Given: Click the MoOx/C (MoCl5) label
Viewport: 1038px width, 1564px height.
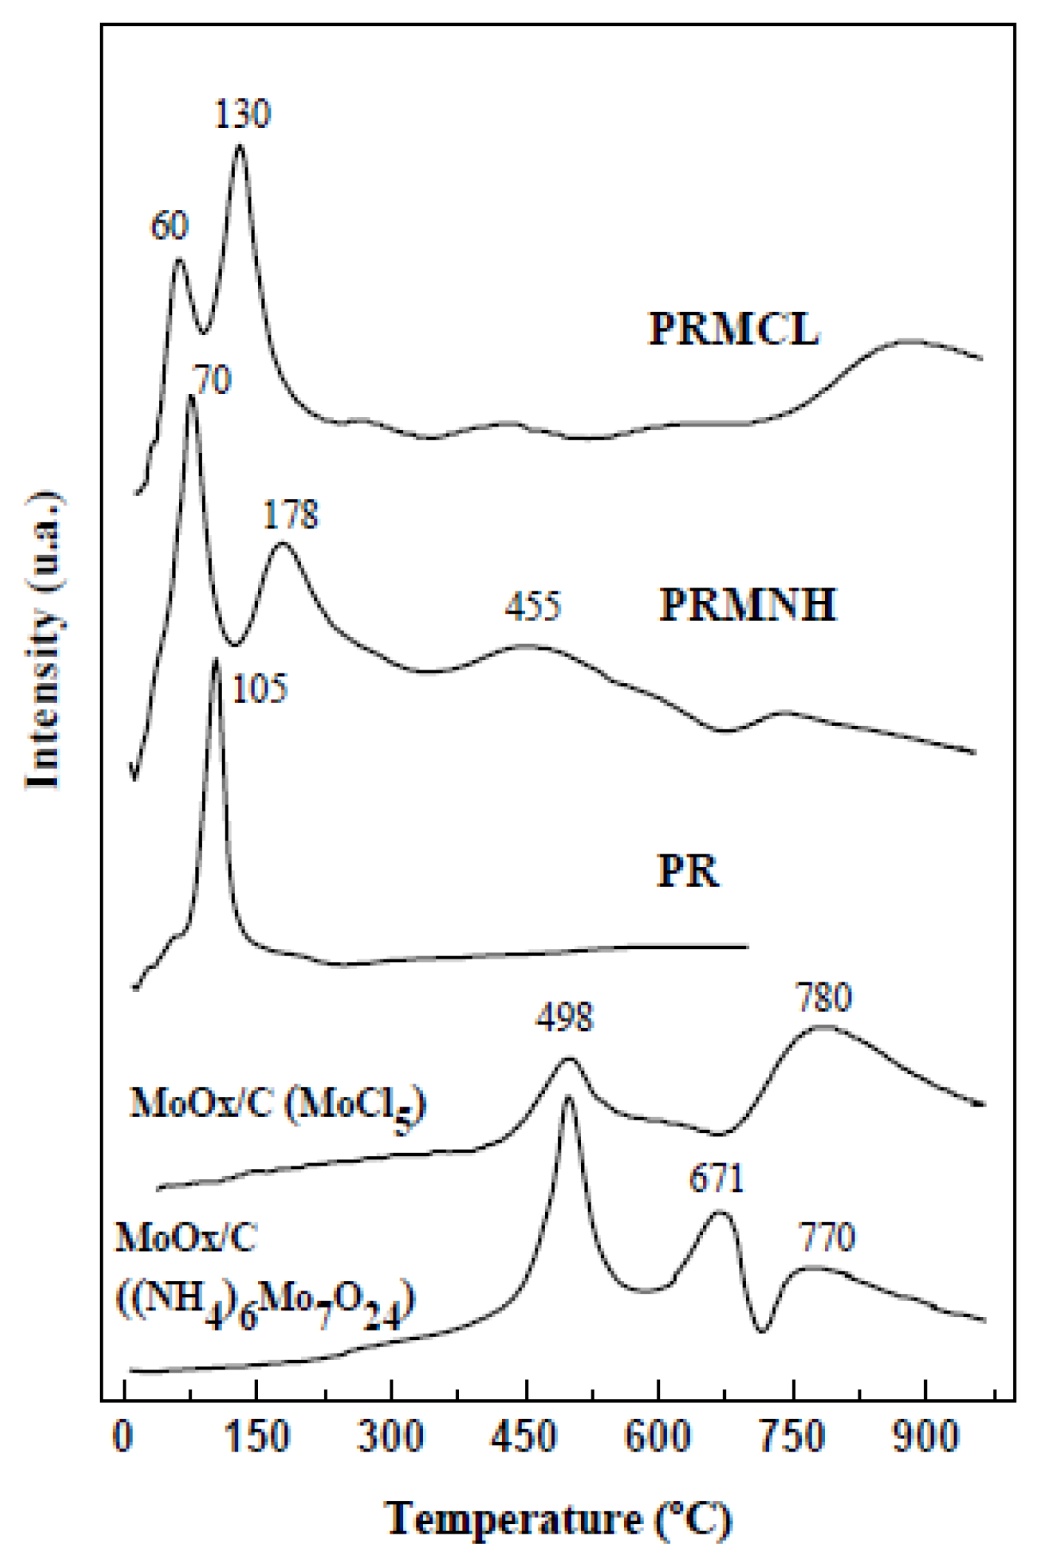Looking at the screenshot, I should pyautogui.click(x=278, y=1105).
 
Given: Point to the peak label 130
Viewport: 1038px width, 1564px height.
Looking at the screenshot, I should pyautogui.click(x=242, y=115).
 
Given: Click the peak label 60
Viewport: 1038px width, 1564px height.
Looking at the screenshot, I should pyautogui.click(x=169, y=225).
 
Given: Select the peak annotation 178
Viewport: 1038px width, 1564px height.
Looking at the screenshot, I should pyautogui.click(x=291, y=514).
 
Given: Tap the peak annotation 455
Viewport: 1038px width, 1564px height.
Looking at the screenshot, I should pyautogui.click(x=533, y=606).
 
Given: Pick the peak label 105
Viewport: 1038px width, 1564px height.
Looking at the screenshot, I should pyautogui.click(x=259, y=690).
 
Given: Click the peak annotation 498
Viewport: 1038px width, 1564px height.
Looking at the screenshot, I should pyautogui.click(x=564, y=1018).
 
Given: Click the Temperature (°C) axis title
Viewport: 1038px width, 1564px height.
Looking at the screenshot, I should pyautogui.click(x=559, y=1520).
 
